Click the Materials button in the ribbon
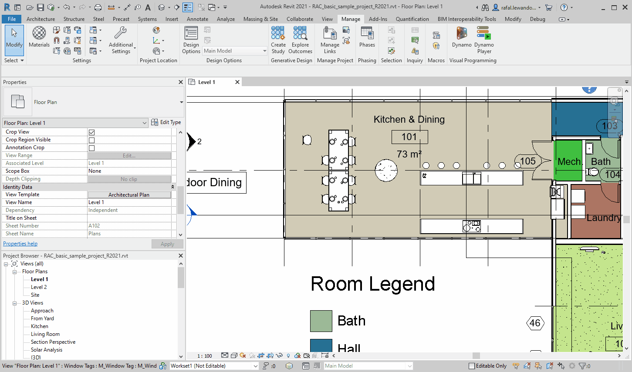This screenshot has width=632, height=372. (x=39, y=37)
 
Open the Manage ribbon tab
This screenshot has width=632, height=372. (x=351, y=19)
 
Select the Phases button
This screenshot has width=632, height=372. (x=367, y=37)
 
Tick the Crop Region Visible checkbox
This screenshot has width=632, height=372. (x=91, y=140)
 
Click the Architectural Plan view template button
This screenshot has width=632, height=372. (x=129, y=195)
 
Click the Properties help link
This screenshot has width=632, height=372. (x=20, y=244)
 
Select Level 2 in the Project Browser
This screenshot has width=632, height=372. (x=39, y=287)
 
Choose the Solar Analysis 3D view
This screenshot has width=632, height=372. (x=47, y=350)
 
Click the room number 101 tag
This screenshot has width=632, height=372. (x=409, y=137)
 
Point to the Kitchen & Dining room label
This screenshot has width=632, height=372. (x=409, y=120)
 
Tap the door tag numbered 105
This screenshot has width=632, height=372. (x=527, y=161)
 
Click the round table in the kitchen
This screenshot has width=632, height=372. (x=386, y=170)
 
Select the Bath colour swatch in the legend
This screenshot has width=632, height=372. (x=321, y=321)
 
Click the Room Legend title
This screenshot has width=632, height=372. (x=372, y=284)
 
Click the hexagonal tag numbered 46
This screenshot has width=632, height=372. (x=535, y=323)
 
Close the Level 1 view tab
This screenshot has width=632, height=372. (x=237, y=82)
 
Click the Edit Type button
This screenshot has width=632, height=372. (x=166, y=122)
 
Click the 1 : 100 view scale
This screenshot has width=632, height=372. (x=205, y=356)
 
